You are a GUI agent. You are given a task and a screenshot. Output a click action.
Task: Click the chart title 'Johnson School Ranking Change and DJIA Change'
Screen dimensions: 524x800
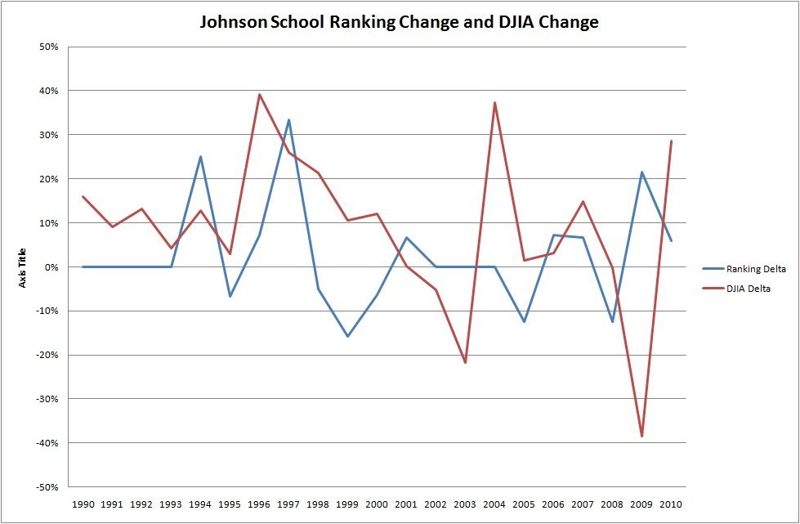(x=400, y=22)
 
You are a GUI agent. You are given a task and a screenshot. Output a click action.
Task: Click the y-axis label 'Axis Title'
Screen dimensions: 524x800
(x=24, y=267)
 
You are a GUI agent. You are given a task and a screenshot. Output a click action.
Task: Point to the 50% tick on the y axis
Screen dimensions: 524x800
(x=48, y=47)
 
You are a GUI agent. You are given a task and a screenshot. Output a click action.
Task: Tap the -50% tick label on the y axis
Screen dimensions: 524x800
(x=47, y=487)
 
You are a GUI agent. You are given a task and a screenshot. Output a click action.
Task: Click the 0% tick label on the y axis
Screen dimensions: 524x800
(x=51, y=267)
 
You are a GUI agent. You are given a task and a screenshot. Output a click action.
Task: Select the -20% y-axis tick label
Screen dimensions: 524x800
(x=47, y=355)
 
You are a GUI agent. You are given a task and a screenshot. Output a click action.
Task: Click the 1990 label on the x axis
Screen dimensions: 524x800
(x=83, y=504)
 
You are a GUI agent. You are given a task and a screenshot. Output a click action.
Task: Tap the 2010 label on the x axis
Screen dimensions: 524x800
(x=671, y=504)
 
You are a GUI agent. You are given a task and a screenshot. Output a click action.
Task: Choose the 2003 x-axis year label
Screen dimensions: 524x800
(x=465, y=504)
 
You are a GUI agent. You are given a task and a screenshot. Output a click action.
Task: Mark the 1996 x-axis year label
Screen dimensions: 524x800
(x=259, y=504)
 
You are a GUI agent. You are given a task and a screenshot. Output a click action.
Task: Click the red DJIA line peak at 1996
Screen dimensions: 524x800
(x=259, y=95)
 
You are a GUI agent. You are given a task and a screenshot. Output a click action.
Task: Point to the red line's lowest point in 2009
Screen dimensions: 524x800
(x=641, y=436)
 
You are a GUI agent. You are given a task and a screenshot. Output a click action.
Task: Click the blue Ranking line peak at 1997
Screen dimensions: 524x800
(x=288, y=120)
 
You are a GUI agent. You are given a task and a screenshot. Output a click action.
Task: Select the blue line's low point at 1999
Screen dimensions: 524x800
(x=347, y=336)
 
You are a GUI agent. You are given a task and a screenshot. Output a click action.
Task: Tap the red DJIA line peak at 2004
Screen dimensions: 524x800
(x=494, y=103)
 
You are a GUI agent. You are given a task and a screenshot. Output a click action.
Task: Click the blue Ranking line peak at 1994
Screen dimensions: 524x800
(x=200, y=157)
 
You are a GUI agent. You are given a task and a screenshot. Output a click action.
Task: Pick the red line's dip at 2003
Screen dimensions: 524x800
(x=465, y=362)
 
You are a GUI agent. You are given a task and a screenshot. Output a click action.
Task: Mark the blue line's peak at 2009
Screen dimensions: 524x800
(x=641, y=172)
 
